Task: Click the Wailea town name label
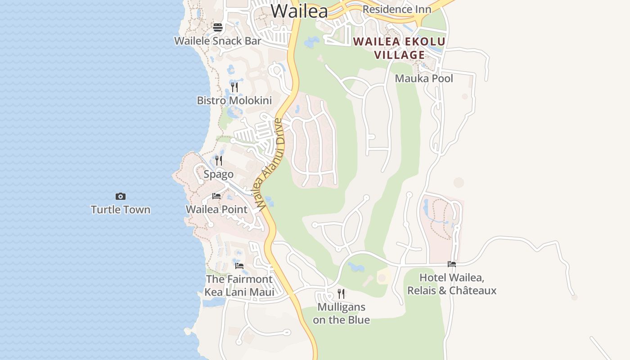pos(299,11)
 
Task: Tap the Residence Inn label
pos(396,9)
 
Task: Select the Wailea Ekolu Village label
pos(400,48)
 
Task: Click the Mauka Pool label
pos(424,78)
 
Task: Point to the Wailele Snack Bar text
pos(217,40)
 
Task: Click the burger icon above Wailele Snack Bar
pos(218,27)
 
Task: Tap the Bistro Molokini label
pos(234,100)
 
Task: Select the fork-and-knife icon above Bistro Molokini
pos(234,87)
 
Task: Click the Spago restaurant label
pos(218,174)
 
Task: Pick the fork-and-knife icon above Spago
pos(219,161)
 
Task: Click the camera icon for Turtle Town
pos(120,196)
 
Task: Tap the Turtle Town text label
pos(120,210)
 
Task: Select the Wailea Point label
pos(216,209)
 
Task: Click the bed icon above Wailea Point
pos(216,196)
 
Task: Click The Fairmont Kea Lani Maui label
pos(239,286)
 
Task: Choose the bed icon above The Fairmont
pos(239,266)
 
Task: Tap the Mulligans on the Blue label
pos(341,313)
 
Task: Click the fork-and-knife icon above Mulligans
pos(341,294)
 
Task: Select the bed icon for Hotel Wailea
pos(452,264)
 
